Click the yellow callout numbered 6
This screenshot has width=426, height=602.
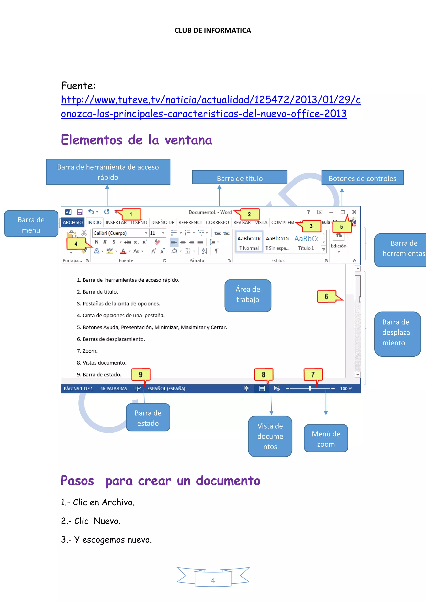pos(326,297)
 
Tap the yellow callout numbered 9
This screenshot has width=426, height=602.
pos(141,375)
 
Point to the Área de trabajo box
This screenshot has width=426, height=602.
pos(248,295)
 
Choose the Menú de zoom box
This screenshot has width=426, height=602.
pos(326,439)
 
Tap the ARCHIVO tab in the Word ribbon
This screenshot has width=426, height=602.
pos(73,223)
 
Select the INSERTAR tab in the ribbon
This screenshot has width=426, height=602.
pos(116,223)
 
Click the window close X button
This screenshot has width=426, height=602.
pos(354,212)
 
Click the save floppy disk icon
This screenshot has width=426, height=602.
pos(79,212)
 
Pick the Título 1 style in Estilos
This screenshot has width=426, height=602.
pos(306,243)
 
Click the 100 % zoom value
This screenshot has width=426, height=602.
pos(346,389)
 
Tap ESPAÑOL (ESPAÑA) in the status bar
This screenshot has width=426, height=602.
pos(166,389)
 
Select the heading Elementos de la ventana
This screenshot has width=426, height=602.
pos(136,140)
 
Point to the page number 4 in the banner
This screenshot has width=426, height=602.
pos(213,580)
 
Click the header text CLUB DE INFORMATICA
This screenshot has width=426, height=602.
pos(213,30)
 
